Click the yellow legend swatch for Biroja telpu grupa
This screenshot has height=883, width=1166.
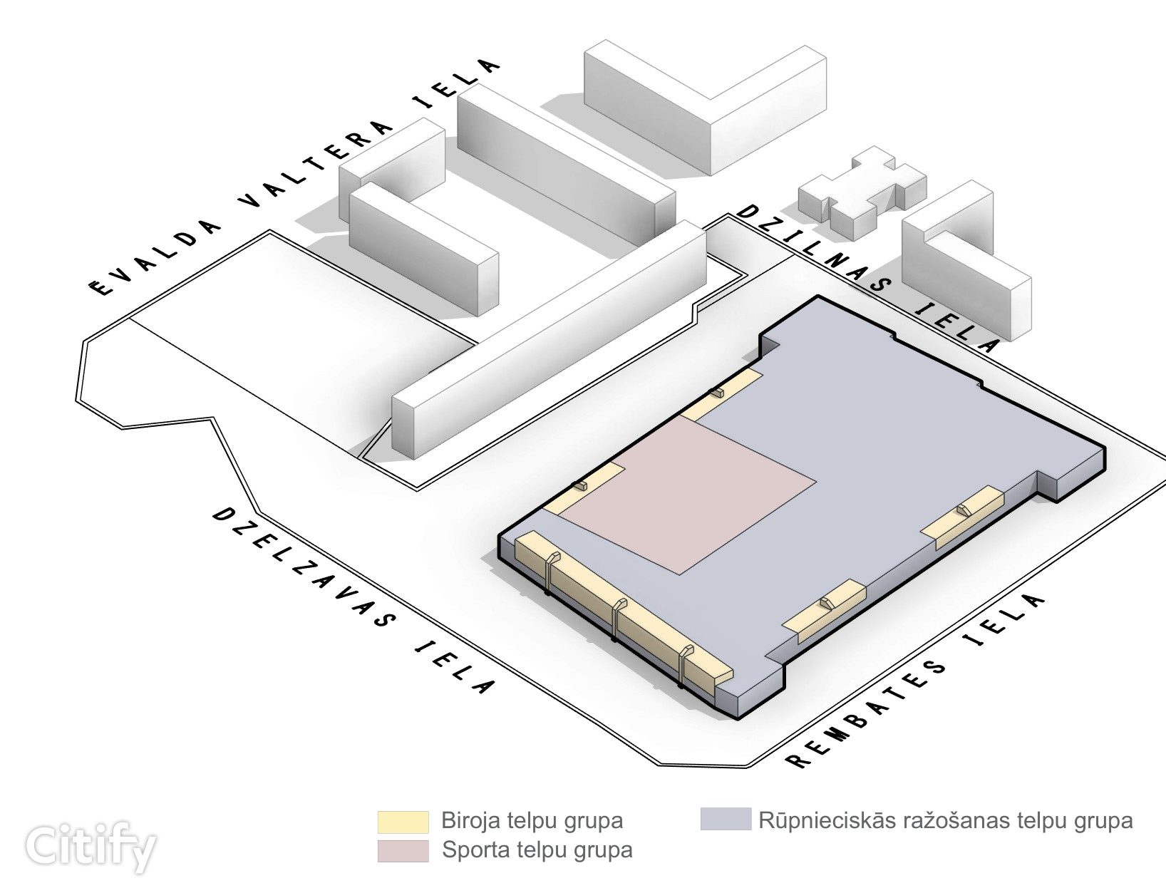coord(403,821)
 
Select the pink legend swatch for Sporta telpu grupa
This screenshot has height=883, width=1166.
coord(403,851)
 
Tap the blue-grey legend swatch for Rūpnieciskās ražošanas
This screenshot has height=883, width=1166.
coord(726,819)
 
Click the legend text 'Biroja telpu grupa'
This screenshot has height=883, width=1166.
coord(532,821)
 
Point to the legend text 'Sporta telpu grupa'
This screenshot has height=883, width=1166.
coord(537,850)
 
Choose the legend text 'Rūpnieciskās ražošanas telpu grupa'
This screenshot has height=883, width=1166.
coord(945,820)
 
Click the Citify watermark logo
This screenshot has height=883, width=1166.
coord(91,846)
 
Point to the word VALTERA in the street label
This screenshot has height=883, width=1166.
coord(317,165)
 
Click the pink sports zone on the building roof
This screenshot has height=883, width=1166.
coord(684,492)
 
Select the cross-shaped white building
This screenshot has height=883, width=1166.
coord(862,191)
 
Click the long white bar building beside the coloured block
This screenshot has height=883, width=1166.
coord(549,342)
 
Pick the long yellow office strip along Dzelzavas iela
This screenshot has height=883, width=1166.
coord(620,613)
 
